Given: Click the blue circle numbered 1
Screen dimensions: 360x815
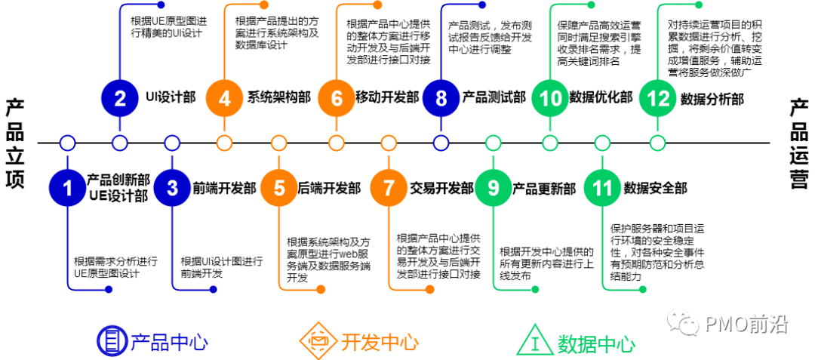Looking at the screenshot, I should pyautogui.click(x=68, y=188).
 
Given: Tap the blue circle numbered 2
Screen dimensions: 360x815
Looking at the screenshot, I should pyautogui.click(x=120, y=97).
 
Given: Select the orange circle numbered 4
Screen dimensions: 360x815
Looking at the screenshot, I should pyautogui.click(x=224, y=97).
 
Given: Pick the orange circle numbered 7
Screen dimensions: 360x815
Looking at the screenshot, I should pyautogui.click(x=389, y=188).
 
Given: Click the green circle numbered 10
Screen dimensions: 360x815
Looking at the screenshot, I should pyautogui.click(x=549, y=97).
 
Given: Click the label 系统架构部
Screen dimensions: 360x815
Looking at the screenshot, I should pyautogui.click(x=278, y=97).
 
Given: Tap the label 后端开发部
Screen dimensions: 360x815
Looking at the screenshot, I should pyautogui.click(x=329, y=189).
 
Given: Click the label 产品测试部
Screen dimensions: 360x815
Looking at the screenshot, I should pyautogui.click(x=494, y=97).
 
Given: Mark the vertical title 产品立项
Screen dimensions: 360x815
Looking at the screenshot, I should pyautogui.click(x=15, y=143).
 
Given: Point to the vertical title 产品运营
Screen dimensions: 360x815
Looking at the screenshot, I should pyautogui.click(x=799, y=143).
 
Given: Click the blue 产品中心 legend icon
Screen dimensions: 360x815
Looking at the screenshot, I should pyautogui.click(x=112, y=341).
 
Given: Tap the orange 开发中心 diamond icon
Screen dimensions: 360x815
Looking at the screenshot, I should pyautogui.click(x=318, y=341).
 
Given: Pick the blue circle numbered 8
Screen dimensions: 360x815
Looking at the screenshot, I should pyautogui.click(x=441, y=97).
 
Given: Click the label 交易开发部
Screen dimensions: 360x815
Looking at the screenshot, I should pyautogui.click(x=441, y=189).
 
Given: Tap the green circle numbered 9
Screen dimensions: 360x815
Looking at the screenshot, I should pyautogui.click(x=494, y=188).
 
